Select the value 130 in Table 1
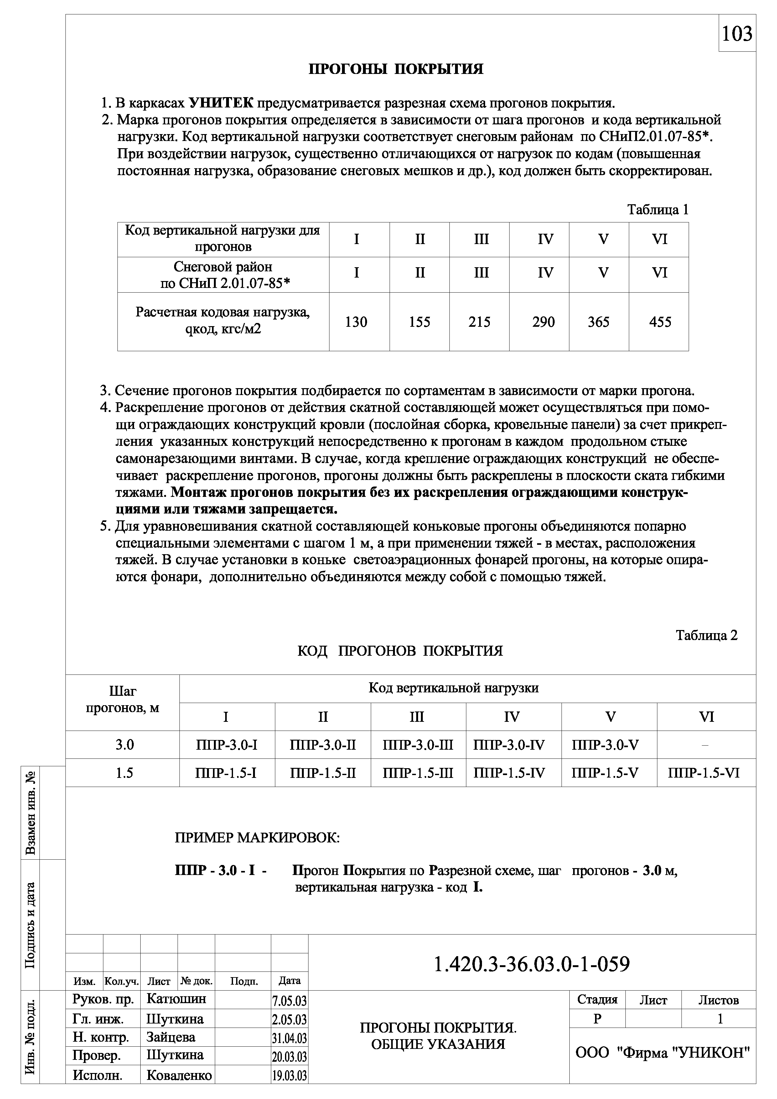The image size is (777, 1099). click(x=356, y=322)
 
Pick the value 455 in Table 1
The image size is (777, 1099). click(x=660, y=322)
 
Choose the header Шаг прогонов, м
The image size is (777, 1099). click(x=122, y=700)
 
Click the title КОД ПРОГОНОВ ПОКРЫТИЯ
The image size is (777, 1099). click(x=400, y=651)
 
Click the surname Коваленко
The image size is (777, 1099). click(x=179, y=1076)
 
